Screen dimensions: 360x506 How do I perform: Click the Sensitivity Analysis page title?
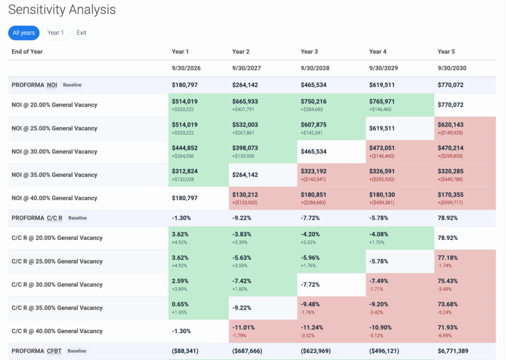(x=62, y=10)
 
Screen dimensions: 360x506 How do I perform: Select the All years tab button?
(x=24, y=33)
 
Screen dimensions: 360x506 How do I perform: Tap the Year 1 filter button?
(x=55, y=33)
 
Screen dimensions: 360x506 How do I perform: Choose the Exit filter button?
(x=82, y=33)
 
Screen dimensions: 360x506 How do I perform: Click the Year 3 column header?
(x=309, y=51)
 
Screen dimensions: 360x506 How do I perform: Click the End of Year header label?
(x=27, y=51)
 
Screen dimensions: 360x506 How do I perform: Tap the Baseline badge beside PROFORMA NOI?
(x=72, y=85)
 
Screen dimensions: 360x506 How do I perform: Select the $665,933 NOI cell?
(x=245, y=101)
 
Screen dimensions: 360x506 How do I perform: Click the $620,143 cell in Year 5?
(x=451, y=125)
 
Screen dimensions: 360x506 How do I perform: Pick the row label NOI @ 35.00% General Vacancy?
(x=54, y=175)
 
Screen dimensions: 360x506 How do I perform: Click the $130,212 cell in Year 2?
(x=245, y=195)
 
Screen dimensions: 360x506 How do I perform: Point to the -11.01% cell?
(x=243, y=327)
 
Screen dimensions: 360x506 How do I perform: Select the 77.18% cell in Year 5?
(x=448, y=258)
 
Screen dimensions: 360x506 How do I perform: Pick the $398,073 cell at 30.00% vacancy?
(x=245, y=148)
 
